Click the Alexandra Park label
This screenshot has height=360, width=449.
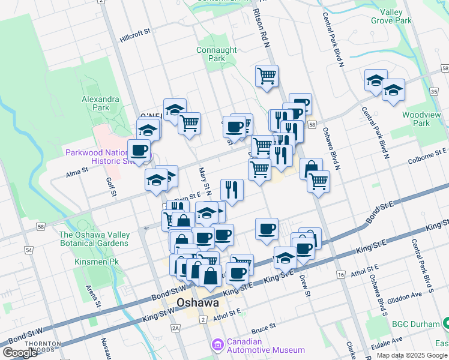coord(101,103)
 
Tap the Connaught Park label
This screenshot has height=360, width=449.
coord(211,54)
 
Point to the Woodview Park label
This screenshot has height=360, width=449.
coord(417,119)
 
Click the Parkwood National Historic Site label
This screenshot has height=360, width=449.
coord(96,157)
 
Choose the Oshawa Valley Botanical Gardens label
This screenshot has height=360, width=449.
coord(94,239)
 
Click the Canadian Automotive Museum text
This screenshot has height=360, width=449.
coord(265,346)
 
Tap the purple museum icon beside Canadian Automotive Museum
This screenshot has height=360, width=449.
coord(217,345)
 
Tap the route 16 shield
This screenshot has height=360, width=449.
coord(341,274)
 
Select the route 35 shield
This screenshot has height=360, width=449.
coord(433,91)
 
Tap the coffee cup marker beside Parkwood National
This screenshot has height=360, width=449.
coord(139,150)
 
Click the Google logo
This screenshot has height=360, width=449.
coord(20,353)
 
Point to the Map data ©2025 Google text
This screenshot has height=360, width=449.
coord(412,355)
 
